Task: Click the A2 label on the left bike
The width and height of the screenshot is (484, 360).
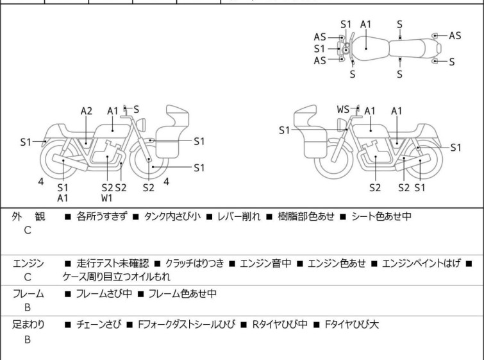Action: [87, 111]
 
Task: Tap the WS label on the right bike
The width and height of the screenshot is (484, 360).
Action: [343, 109]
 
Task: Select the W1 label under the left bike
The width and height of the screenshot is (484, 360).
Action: [107, 198]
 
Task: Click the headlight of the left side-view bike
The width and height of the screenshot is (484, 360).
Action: [141, 124]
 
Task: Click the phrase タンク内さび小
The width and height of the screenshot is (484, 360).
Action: [172, 216]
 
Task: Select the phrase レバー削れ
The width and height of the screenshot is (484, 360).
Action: [239, 216]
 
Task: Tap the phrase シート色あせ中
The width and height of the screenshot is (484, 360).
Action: [381, 216]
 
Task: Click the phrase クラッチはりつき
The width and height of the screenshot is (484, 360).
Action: [194, 263]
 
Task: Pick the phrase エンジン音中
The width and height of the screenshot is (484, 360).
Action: [265, 263]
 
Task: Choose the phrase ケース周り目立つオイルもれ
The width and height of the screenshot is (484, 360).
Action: [117, 277]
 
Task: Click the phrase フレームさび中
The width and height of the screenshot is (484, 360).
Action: [104, 293]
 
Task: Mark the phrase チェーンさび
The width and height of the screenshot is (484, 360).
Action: [99, 325]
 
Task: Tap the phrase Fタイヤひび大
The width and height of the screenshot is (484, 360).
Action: [352, 325]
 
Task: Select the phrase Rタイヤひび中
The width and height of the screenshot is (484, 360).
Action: [280, 325]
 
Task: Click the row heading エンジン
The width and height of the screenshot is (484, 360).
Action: [28, 263]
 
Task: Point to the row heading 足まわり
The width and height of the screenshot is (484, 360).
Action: [28, 325]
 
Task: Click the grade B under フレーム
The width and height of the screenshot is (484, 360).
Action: [28, 307]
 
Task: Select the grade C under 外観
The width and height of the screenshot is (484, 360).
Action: [28, 230]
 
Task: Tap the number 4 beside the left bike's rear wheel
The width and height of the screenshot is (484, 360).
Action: [41, 182]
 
